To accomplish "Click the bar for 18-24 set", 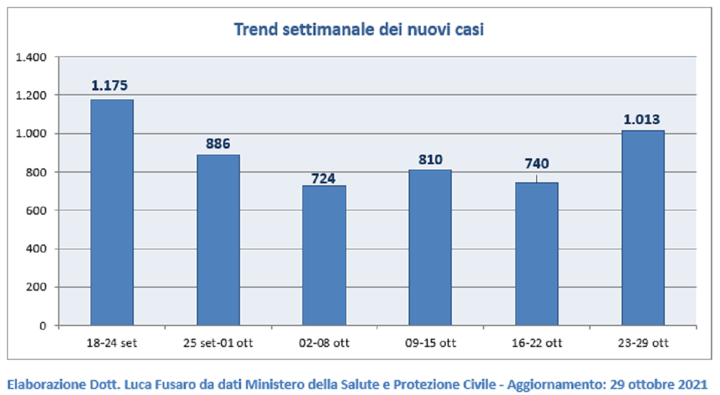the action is tap(112, 212).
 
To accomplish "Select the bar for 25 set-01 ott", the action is tap(218, 240).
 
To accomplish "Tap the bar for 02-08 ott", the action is tap(324, 255).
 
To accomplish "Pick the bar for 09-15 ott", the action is tap(430, 248).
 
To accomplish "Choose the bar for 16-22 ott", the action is tap(537, 254).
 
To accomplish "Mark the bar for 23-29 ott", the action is tap(643, 228).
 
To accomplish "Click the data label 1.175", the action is tap(110, 86).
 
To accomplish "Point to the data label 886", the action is tap(218, 143).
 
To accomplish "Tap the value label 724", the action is tap(323, 179).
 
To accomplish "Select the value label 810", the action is tap(430, 159).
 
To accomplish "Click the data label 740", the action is tap(537, 164).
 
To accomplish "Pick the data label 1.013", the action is tap(641, 119).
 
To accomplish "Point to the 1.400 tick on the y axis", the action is tap(31, 57).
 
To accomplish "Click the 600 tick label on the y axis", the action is tap(36, 210).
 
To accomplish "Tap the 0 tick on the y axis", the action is tap(43, 326).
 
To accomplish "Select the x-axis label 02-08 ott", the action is tap(324, 343).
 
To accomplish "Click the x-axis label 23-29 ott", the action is tap(643, 343).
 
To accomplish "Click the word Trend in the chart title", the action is tap(256, 29).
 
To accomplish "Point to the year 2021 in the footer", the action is tap(692, 384).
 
